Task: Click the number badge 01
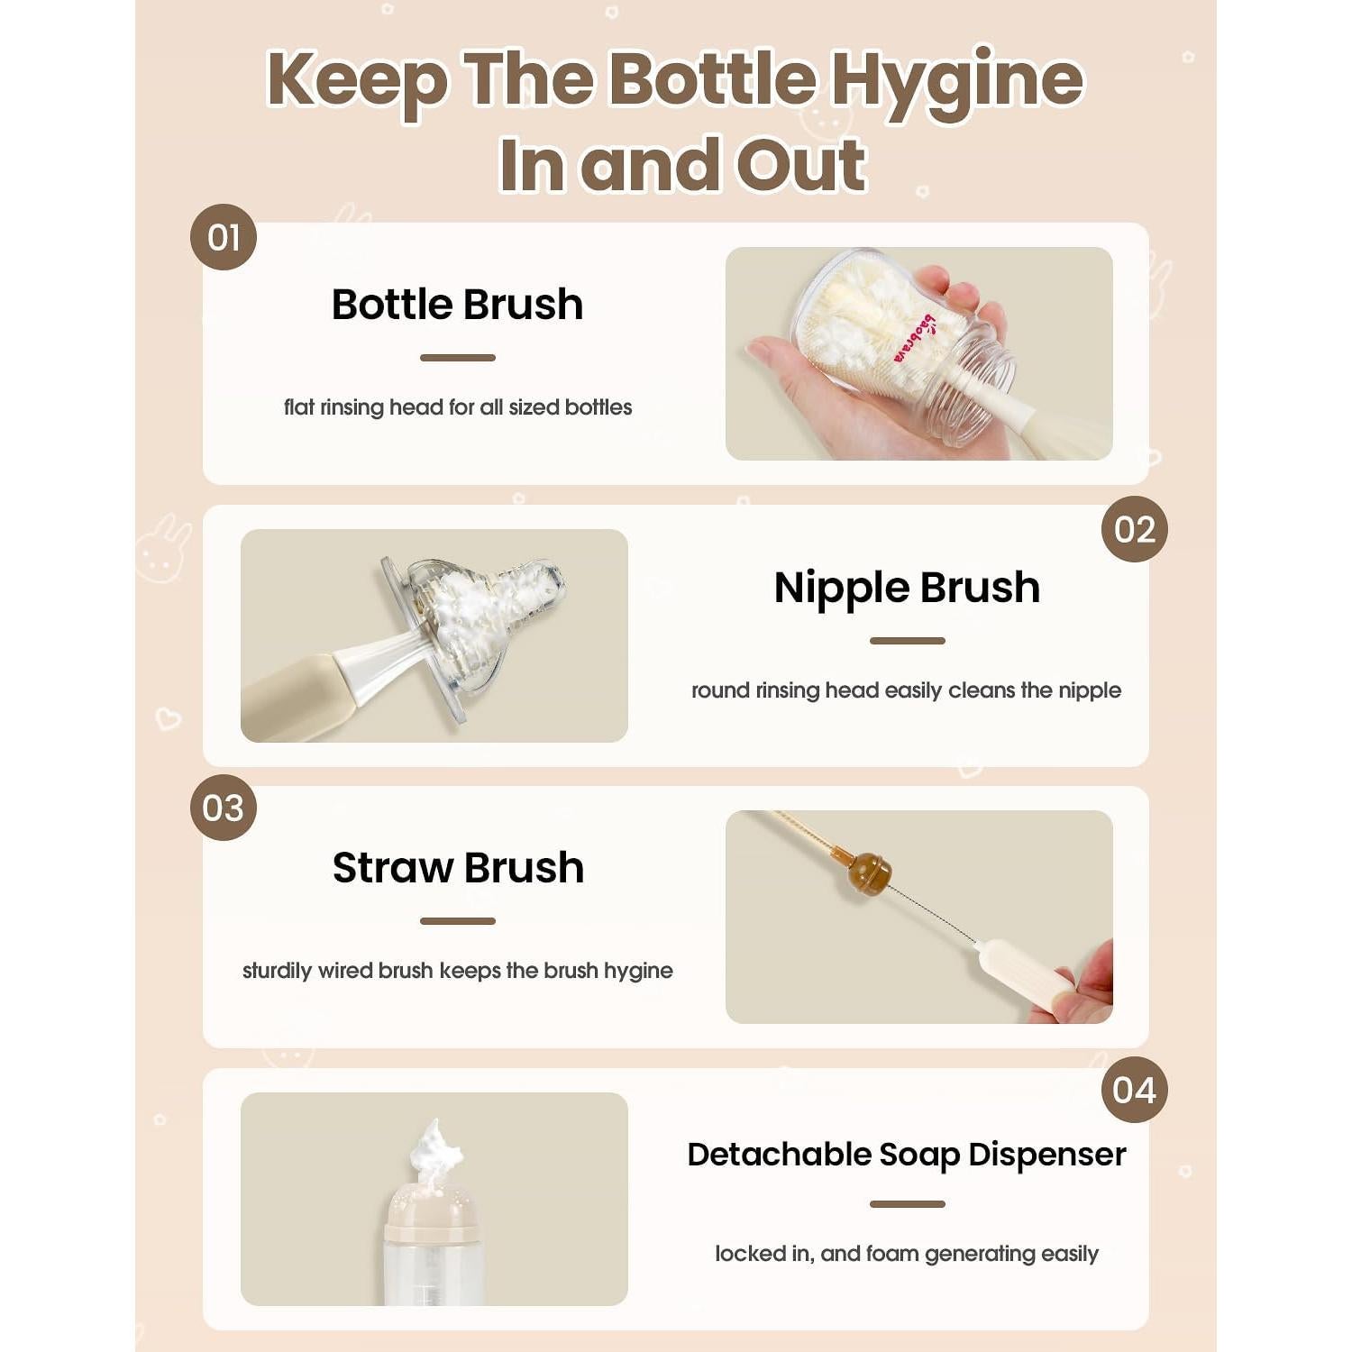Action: coord(224,238)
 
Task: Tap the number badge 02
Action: coord(1134,529)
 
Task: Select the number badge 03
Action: coord(224,808)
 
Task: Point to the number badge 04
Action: coord(1134,1090)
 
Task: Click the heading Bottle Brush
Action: coord(457,305)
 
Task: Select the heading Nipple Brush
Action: coord(907,588)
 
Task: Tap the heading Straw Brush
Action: coord(458,868)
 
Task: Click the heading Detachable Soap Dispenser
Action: coord(907,1155)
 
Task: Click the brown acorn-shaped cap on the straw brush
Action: coord(868,872)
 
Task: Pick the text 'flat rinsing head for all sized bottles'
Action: coord(458,407)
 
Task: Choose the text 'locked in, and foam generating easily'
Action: coord(907,1254)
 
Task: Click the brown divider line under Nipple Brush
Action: coord(907,641)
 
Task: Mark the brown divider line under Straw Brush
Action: coord(458,921)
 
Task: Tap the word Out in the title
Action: coord(800,166)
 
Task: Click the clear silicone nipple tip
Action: coord(541,577)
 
